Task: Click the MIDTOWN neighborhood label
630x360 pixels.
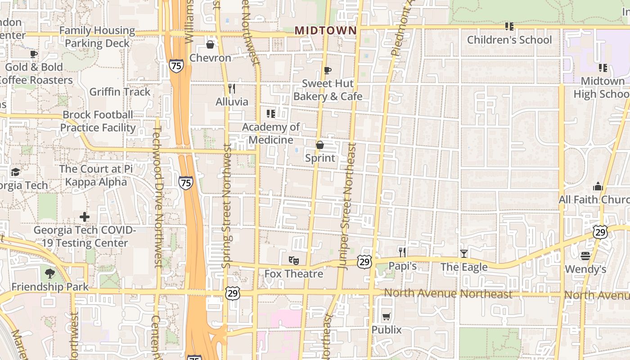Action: click(x=325, y=31)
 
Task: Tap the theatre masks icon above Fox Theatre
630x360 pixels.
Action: click(x=293, y=260)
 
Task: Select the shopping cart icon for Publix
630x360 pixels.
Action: click(x=386, y=316)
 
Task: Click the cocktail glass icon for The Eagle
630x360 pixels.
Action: click(x=463, y=254)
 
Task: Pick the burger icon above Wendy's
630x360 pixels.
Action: click(x=585, y=256)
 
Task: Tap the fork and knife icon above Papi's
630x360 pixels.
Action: click(x=402, y=252)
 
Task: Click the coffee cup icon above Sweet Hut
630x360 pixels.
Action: click(x=328, y=70)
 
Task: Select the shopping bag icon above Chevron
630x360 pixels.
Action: click(x=210, y=44)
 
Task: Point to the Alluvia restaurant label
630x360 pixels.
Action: click(x=232, y=102)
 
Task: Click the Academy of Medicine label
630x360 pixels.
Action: click(x=271, y=133)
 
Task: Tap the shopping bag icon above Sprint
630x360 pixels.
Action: click(x=320, y=145)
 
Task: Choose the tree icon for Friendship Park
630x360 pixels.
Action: click(x=50, y=273)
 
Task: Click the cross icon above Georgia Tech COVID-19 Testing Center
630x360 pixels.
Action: click(x=84, y=217)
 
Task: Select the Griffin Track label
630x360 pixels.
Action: click(x=120, y=92)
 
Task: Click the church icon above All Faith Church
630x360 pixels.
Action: click(x=598, y=186)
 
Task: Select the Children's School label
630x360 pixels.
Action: click(x=509, y=40)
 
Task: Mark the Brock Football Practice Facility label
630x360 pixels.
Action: click(x=98, y=121)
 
